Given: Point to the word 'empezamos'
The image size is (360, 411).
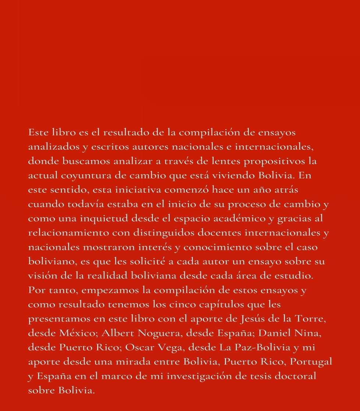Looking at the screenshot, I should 110,290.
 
